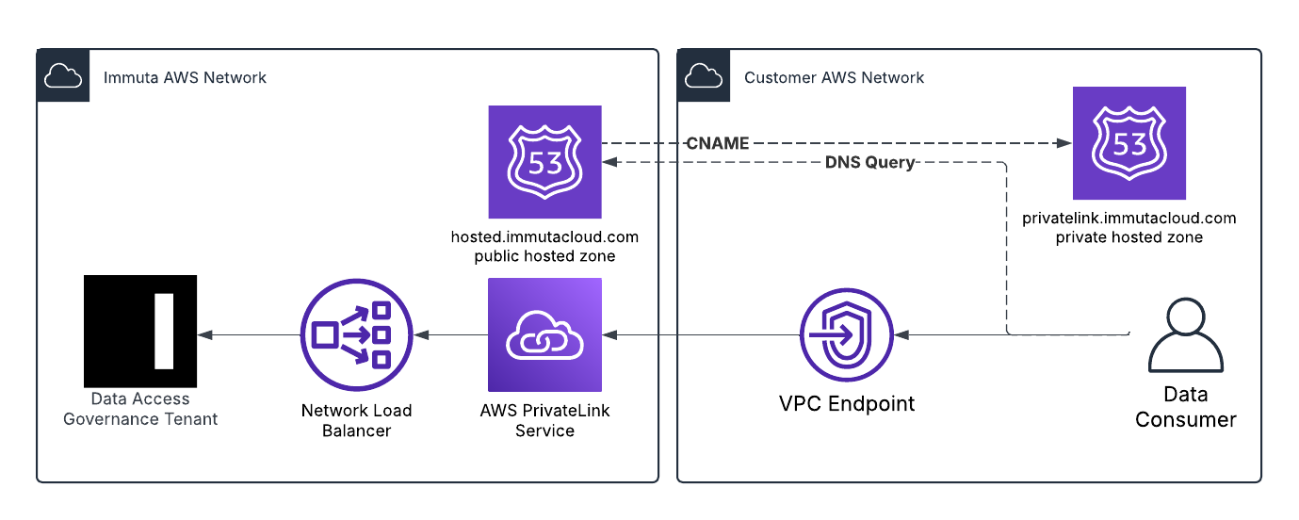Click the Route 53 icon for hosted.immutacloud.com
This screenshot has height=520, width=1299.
point(544,162)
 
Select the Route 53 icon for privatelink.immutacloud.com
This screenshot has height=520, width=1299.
point(1129,143)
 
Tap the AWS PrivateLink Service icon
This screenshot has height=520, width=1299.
point(544,334)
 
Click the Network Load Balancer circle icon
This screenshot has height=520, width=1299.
point(356,334)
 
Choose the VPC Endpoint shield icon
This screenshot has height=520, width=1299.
point(846,334)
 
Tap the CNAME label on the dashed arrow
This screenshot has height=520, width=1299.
point(718,144)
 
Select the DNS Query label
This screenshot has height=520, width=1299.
point(869,163)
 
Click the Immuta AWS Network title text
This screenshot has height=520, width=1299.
point(185,77)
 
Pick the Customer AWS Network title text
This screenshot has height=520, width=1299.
point(834,77)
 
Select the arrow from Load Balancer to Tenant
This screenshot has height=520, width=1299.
point(248,334)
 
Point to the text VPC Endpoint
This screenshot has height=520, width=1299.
point(846,404)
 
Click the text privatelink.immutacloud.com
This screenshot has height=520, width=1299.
point(1129,219)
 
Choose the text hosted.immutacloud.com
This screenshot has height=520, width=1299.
point(544,237)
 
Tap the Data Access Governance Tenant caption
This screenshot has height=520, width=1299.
point(140,409)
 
